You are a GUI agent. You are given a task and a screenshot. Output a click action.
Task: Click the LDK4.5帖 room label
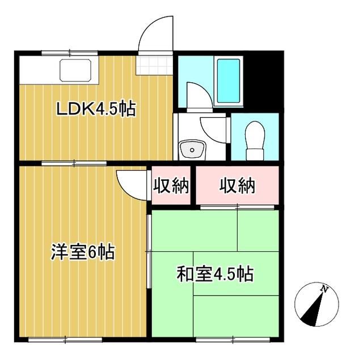[x=95, y=109]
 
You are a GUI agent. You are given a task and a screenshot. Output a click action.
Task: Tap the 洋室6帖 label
[x=83, y=252]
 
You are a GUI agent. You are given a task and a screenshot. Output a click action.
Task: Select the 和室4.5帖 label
[x=215, y=274]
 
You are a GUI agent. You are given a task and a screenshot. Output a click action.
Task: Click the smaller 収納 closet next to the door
[x=171, y=185]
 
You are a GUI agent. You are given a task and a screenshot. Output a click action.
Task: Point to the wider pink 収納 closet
[x=238, y=185]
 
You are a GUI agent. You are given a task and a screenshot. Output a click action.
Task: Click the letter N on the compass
[x=324, y=289]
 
